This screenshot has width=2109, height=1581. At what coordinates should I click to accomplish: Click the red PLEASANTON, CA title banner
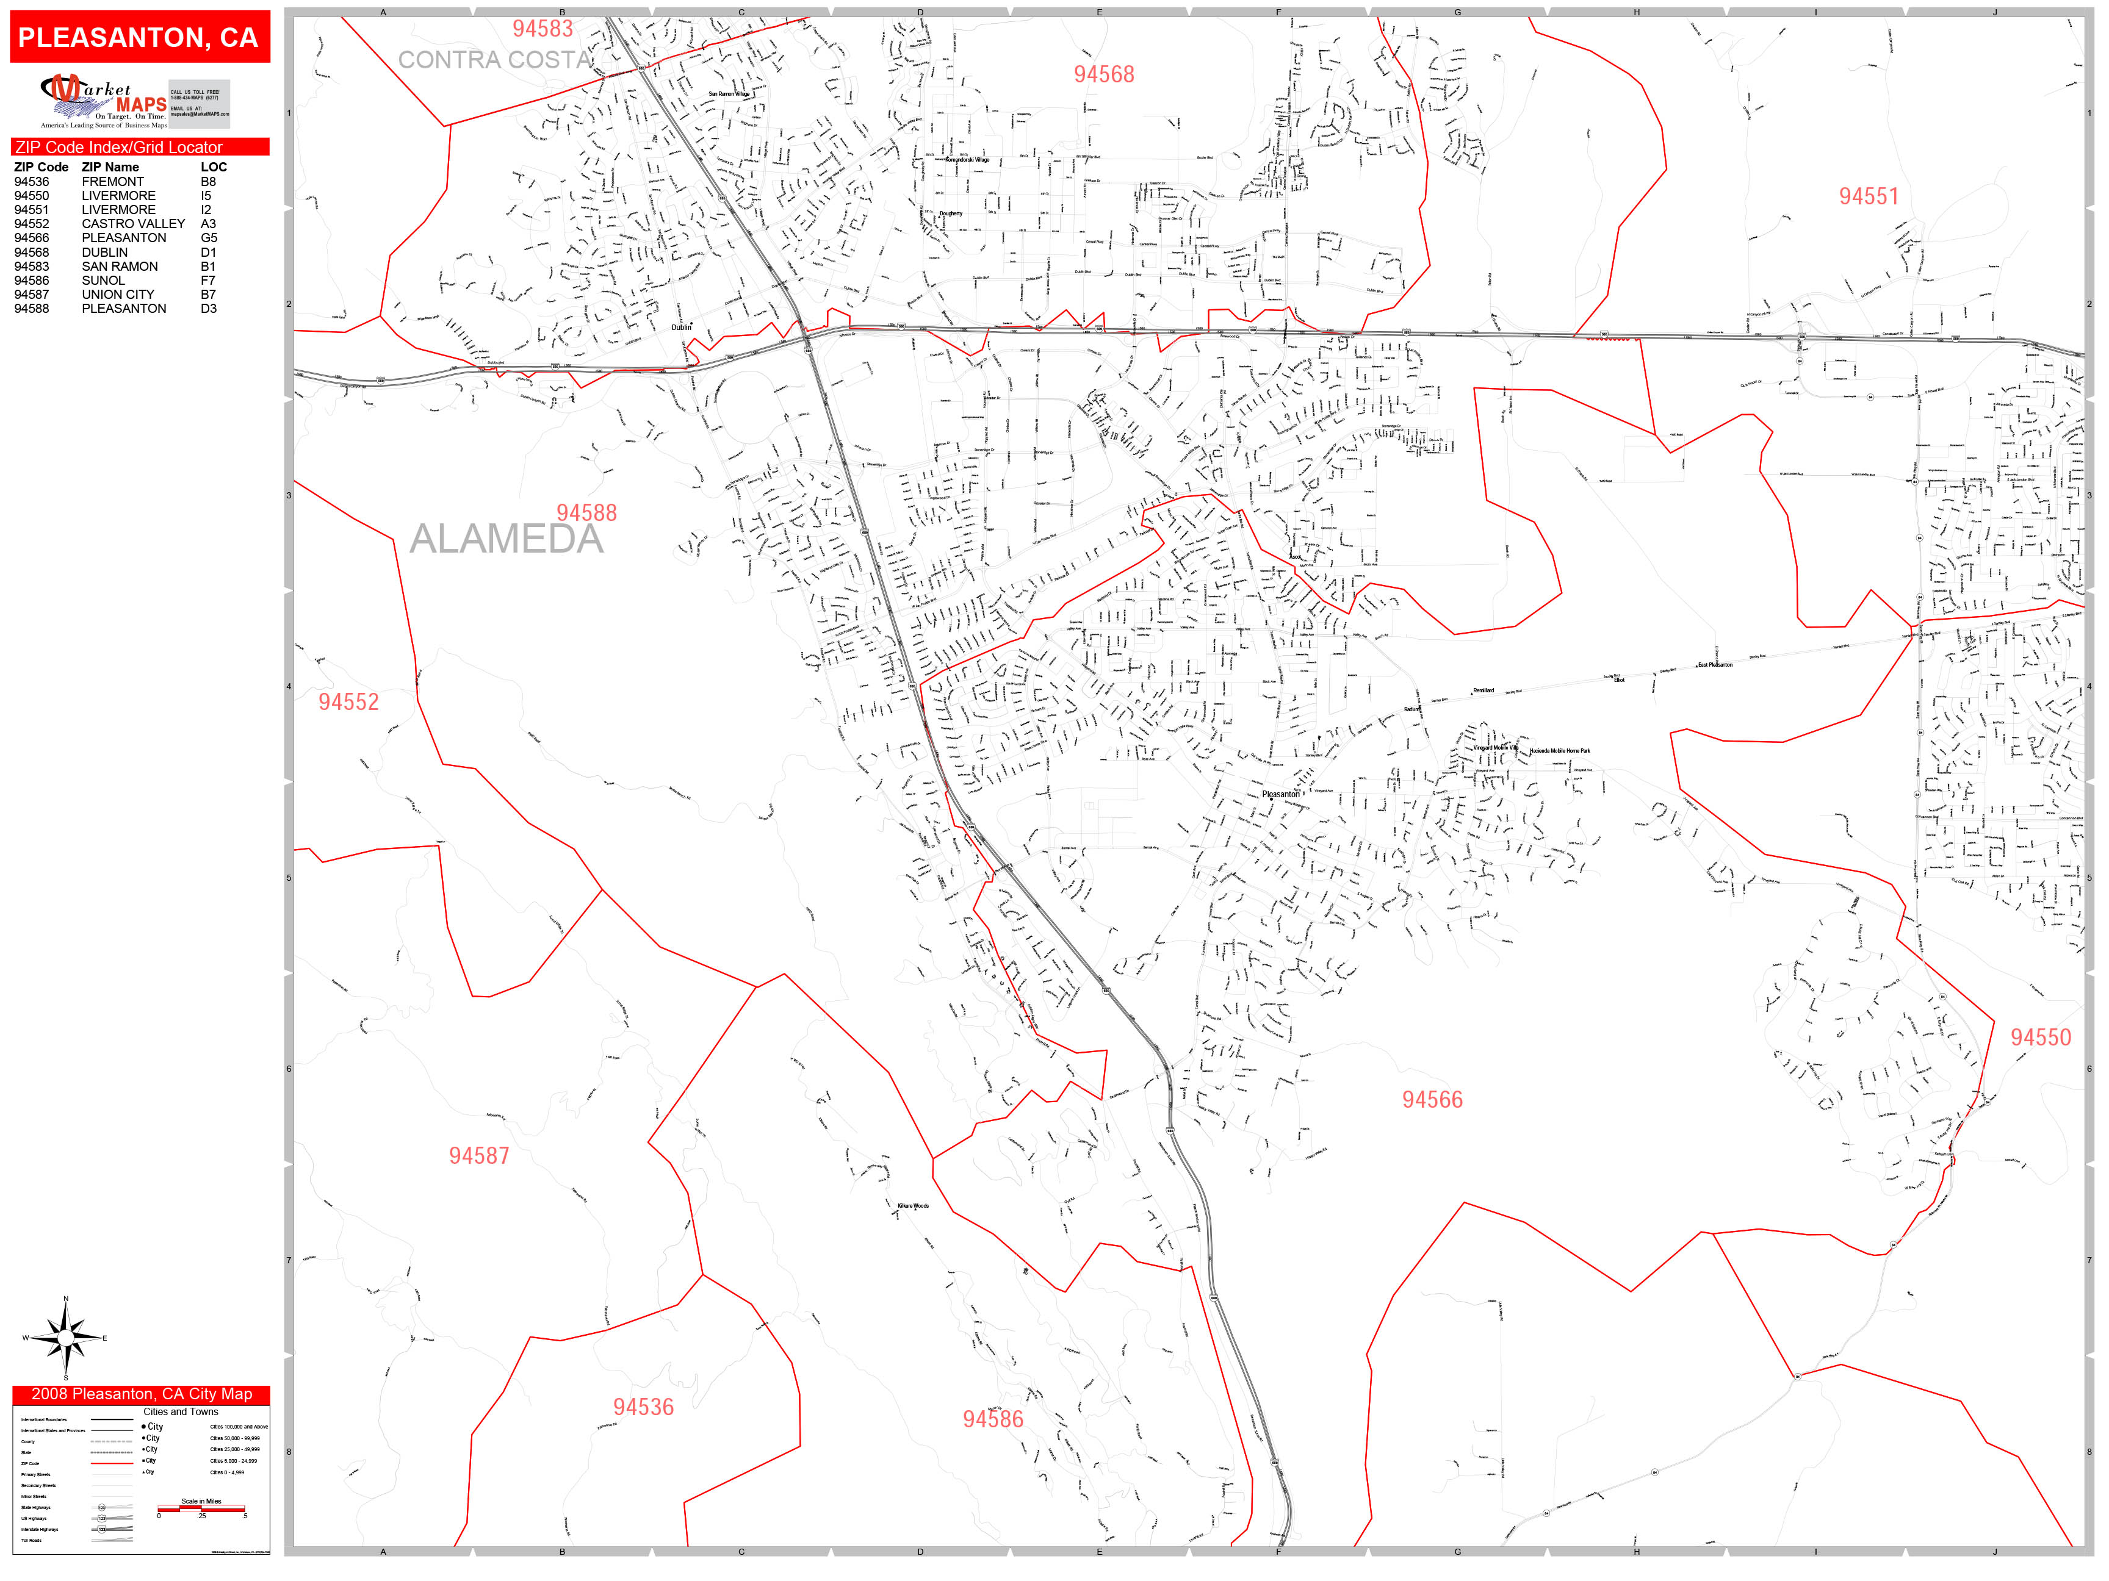click(139, 37)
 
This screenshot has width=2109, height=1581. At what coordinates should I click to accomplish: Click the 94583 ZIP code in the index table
click(32, 267)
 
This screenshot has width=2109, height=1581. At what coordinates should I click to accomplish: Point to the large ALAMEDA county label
click(507, 539)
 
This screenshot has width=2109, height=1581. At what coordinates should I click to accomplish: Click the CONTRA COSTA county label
click(494, 60)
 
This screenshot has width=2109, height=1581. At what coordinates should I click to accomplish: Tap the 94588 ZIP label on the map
click(586, 513)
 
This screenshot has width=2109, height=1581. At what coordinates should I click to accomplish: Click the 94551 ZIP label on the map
click(1869, 196)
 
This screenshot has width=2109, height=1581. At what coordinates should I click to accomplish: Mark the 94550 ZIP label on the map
click(2041, 1038)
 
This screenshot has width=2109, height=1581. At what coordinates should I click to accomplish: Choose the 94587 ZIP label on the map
click(478, 1156)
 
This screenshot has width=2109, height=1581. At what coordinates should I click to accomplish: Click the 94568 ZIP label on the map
click(1104, 74)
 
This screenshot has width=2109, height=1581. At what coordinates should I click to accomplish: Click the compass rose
click(66, 1338)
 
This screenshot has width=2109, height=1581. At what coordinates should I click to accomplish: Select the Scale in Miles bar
click(202, 1508)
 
